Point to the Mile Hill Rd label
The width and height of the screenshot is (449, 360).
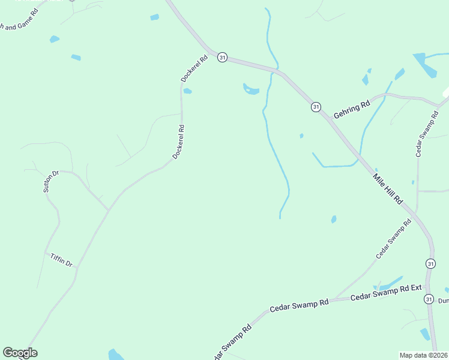[387, 188]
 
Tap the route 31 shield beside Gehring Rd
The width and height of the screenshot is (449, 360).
[316, 107]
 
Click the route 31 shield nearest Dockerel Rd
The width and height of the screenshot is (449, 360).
[223, 58]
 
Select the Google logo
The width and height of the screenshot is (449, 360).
[20, 353]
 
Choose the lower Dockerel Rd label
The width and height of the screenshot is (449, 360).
[178, 142]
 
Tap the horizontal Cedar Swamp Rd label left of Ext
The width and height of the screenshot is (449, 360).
[299, 305]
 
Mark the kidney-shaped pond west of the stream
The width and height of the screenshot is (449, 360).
[251, 89]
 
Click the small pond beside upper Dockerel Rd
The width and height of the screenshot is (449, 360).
[187, 91]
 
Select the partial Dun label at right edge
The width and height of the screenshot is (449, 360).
[443, 301]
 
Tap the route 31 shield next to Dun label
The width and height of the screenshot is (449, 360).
[428, 299]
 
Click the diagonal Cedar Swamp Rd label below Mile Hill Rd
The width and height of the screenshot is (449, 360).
[393, 239]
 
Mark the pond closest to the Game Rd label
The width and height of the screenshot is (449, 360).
[55, 39]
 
